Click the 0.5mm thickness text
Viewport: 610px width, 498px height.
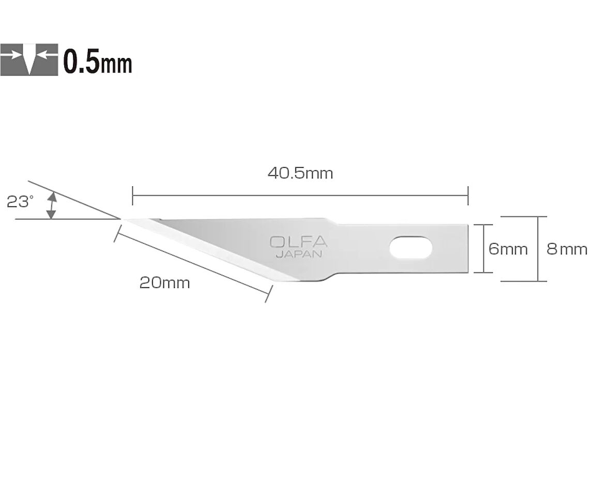98,62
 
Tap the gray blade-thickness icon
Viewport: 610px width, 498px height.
29,59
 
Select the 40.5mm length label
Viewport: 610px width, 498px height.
300,173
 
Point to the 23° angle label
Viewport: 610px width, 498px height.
20,202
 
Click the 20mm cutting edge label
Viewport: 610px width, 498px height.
164,283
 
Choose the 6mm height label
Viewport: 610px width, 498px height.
508,249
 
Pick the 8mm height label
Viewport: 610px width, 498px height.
567,249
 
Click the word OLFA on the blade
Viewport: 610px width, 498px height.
298,242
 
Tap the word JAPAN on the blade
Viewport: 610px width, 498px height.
298,254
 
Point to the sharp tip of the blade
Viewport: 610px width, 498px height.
123,219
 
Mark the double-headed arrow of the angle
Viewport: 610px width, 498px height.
51,206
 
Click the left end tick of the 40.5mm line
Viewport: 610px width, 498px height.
133,195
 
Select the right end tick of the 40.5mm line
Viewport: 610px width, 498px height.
468,195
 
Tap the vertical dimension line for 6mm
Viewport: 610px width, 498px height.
483,248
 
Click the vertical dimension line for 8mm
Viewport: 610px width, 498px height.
539,248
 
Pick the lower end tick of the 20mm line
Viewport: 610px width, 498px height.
267,295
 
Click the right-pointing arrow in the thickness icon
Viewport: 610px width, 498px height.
15,54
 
